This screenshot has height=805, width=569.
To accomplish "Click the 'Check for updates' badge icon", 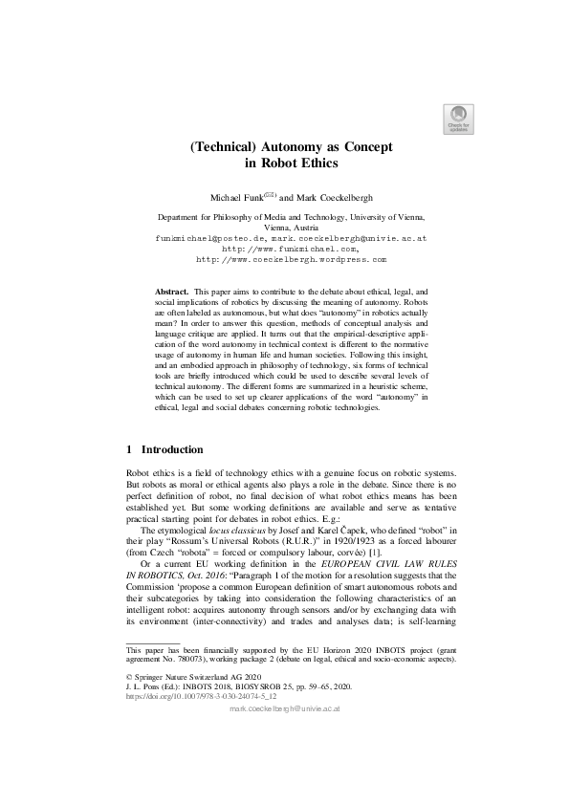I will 455,116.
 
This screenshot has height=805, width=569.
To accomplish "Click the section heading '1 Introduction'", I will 164,449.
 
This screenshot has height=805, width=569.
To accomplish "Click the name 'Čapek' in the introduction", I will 324,529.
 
